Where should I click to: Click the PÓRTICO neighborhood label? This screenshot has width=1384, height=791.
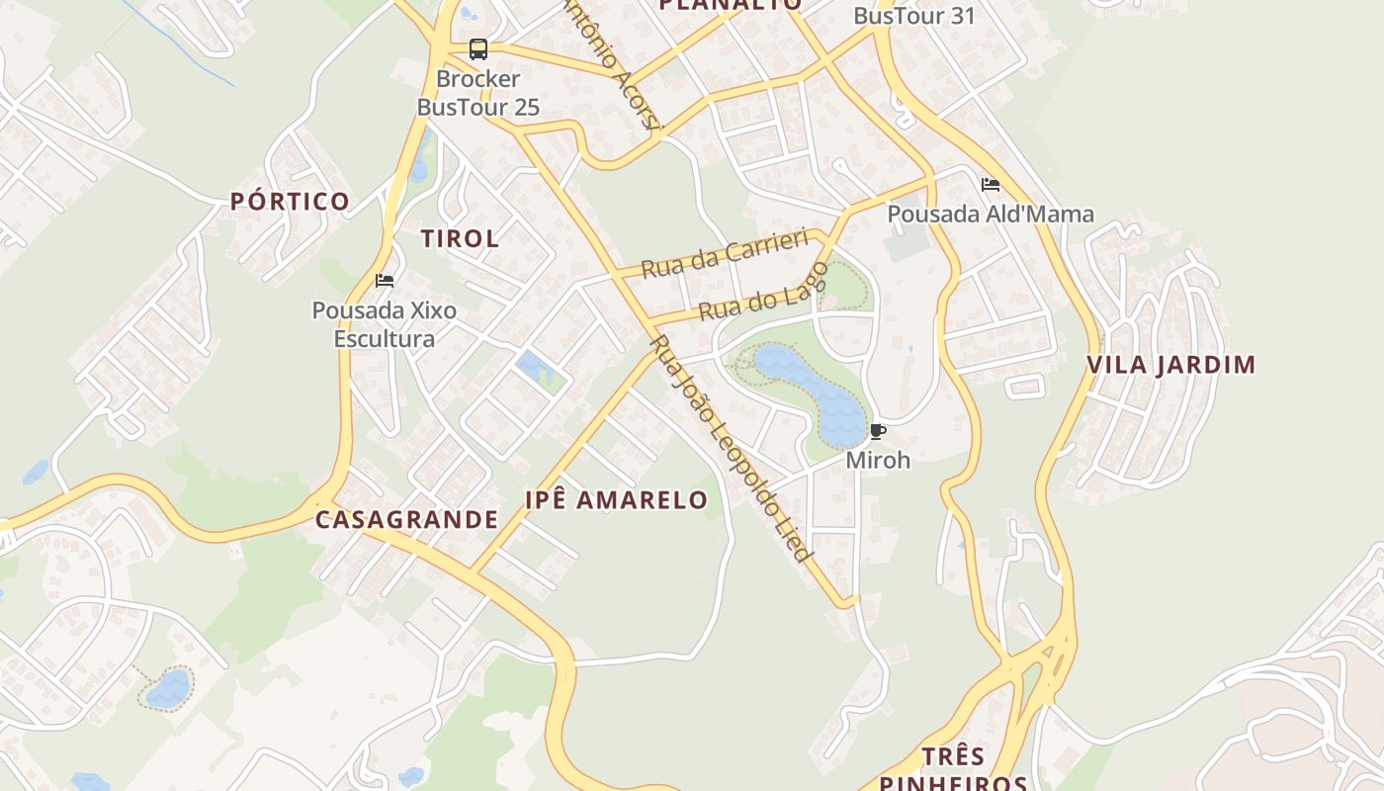tap(290, 202)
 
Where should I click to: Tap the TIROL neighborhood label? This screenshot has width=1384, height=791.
tap(460, 238)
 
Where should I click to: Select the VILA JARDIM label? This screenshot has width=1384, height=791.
tap(1170, 365)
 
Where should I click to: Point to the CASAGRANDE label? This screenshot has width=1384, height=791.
tap(406, 519)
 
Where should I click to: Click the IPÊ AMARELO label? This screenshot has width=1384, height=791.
tap(616, 499)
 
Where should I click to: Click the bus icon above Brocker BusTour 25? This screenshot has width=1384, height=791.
tap(478, 49)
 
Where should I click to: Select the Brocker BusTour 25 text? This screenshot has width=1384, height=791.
tap(478, 93)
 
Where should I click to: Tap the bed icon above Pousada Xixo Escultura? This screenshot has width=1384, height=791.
tap(385, 281)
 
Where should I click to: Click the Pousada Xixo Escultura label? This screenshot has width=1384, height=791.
tap(385, 324)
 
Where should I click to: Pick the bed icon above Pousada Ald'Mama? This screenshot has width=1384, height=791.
tap(990, 185)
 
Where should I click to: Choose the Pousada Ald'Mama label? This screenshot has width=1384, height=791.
tap(990, 214)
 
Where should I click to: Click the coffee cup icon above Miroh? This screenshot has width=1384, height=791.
tap(877, 432)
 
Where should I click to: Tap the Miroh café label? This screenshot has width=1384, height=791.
tap(877, 460)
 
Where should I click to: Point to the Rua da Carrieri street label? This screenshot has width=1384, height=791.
tap(724, 254)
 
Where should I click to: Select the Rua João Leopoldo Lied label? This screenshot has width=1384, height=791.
tap(732, 448)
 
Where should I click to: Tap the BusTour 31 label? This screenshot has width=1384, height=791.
tap(913, 16)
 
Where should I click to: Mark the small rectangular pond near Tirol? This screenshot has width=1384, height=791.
tap(534, 367)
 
